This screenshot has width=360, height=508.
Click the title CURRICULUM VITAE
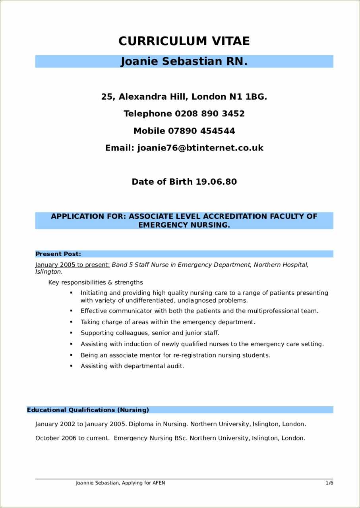(x=184, y=41)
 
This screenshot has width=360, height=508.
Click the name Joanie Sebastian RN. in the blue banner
(x=184, y=62)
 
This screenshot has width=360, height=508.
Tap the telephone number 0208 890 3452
(x=210, y=114)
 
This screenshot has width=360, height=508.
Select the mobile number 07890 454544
(x=201, y=131)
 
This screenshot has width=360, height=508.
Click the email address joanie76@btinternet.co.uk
(x=200, y=148)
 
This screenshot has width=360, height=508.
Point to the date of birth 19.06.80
(x=216, y=182)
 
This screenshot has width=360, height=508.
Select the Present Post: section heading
(x=58, y=254)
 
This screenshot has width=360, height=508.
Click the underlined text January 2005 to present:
(x=72, y=265)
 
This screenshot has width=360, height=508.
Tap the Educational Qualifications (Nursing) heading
(x=88, y=410)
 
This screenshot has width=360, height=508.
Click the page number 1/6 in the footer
(x=329, y=483)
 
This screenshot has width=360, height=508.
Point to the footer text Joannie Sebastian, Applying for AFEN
(x=120, y=483)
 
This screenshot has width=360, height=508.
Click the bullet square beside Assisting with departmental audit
(x=72, y=365)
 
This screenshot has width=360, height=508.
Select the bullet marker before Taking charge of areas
(x=72, y=321)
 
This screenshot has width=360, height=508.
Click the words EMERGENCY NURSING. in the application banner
(x=184, y=225)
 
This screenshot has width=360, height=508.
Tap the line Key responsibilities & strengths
(x=95, y=282)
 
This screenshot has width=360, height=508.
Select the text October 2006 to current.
(x=72, y=438)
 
